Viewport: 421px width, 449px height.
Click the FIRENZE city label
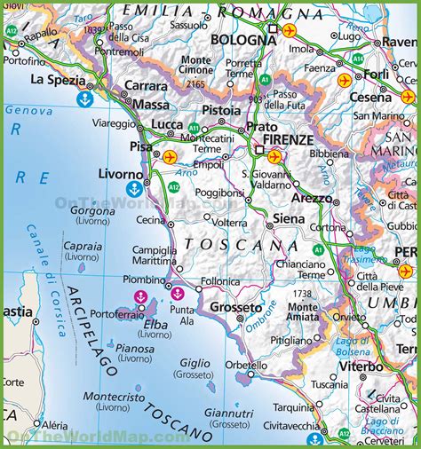click(x=285, y=139)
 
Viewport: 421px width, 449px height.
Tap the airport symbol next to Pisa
click(x=171, y=157)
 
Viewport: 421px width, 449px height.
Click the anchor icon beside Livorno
click(x=134, y=188)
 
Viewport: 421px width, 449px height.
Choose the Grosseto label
click(x=235, y=307)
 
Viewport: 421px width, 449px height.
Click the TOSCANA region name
click(x=230, y=244)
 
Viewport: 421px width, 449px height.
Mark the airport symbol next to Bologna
click(x=290, y=29)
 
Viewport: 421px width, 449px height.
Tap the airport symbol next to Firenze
click(x=274, y=157)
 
